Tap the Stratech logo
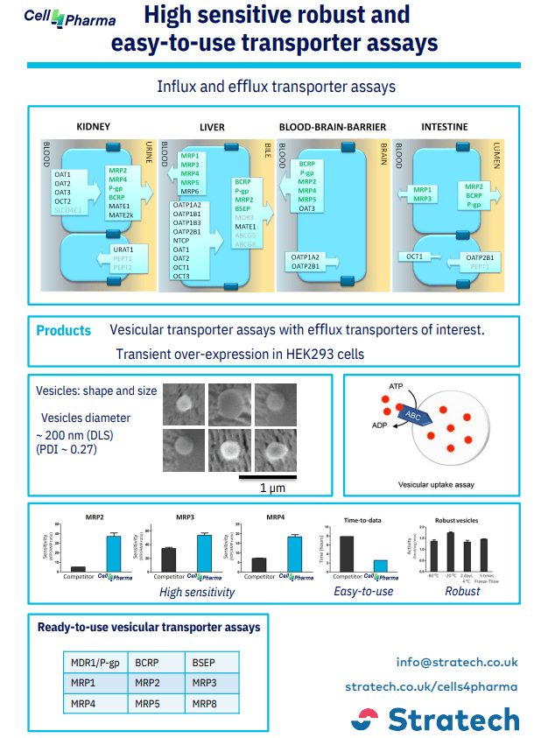pos(434,719)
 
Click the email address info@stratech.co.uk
pos(457,662)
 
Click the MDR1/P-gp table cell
pos(95,663)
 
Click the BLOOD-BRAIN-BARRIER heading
pos(332,126)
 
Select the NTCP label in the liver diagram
pos(181,240)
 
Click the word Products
pos(64,330)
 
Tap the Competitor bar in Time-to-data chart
pos(347,553)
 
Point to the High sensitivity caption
pos(197,592)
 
